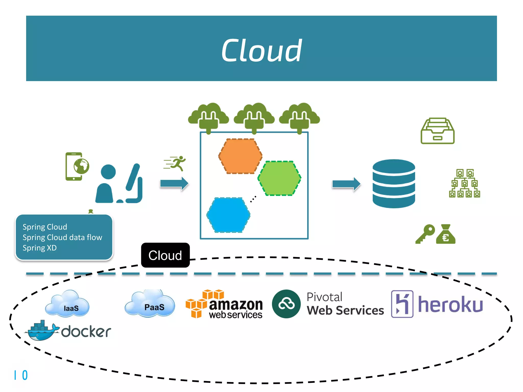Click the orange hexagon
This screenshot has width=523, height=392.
pos(240,156)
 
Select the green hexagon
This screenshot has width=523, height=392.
pos(280,178)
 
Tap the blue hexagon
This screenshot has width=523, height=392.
pos(228,215)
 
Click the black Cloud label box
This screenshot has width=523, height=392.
pos(165,255)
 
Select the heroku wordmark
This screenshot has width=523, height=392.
pos(450,305)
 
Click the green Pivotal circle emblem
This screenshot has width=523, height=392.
pos(286,304)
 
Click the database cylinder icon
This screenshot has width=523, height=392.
pos(394,183)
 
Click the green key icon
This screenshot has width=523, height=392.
pos(425,234)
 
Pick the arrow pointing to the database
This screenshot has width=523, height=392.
pos(346,184)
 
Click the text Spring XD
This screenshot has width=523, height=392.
pos(40,248)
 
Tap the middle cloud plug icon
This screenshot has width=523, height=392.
pos(254,117)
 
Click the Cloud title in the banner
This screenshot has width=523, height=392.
pos(261,51)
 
